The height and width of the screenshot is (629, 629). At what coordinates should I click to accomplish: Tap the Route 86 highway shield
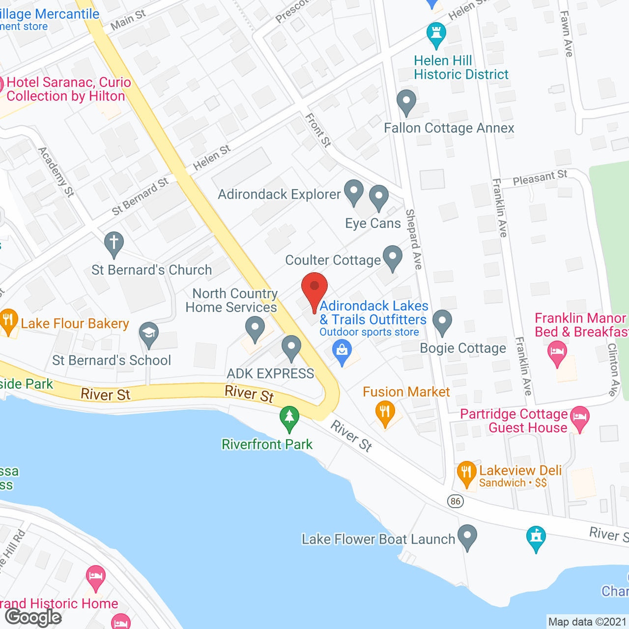pos(456,501)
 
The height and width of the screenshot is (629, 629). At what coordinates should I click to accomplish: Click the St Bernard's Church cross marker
pos(114,243)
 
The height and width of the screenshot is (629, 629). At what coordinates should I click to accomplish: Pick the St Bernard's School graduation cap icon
pos(149,334)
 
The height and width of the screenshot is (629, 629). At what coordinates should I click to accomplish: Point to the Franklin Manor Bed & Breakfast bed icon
pos(557,352)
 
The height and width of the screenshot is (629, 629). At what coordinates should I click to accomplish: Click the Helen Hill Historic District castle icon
pos(436,33)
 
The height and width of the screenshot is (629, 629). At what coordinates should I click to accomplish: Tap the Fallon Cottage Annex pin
pos(406,102)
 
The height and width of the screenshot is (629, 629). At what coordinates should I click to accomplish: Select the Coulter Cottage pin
pos(392,257)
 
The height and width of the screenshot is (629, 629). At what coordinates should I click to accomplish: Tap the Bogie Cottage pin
pos(442,321)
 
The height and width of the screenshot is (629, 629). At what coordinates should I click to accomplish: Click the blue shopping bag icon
pos(342,351)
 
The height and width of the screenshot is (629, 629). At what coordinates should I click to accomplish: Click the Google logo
pos(33,617)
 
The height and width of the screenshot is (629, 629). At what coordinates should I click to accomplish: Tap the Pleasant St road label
pos(540,177)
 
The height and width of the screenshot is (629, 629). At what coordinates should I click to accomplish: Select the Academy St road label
pos(57,172)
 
